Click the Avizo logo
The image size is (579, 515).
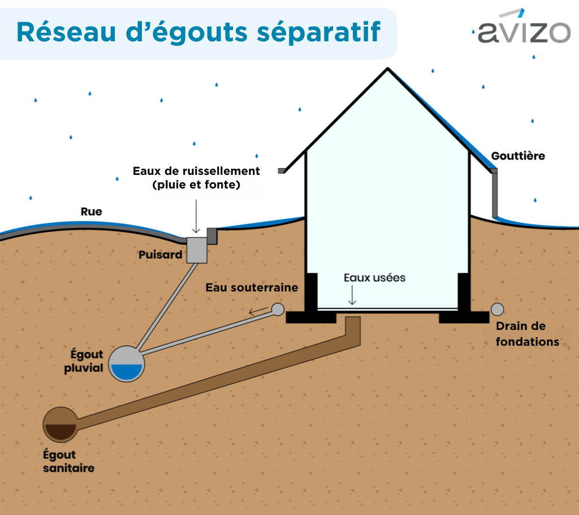[524, 27]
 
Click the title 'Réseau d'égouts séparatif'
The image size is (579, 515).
[198, 32]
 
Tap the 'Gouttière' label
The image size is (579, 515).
[518, 156]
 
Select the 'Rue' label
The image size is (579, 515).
[91, 212]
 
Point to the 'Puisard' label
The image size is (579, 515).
[160, 254]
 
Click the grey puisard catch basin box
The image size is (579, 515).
[197, 250]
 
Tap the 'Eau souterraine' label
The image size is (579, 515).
[252, 287]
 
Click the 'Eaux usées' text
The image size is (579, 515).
[374, 278]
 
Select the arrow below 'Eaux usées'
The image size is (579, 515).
[352, 295]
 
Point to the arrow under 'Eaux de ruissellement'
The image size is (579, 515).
[196, 216]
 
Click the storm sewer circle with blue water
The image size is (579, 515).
[126, 364]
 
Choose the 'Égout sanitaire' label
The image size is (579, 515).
[68, 461]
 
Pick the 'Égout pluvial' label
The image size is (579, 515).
[84, 361]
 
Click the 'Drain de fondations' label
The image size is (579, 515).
[528, 334]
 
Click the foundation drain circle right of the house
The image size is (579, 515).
[498, 310]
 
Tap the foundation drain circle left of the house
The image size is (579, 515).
[278, 310]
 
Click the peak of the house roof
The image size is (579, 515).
[387, 69]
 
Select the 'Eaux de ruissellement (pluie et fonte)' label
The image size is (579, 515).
[196, 178]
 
